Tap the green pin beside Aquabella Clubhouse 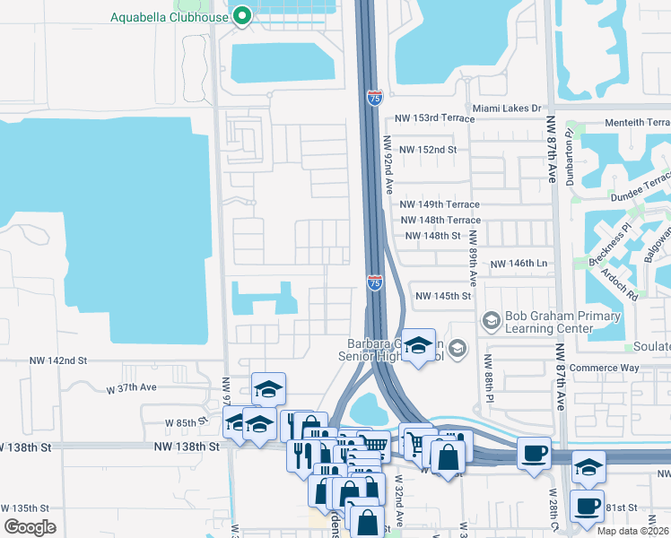tap(241, 16)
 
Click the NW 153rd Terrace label tap(434, 119)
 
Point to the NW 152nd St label tap(428, 149)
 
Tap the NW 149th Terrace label tap(440, 205)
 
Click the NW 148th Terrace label tap(440, 221)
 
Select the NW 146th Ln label tap(518, 265)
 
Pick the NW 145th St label tap(442, 296)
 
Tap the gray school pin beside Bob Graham tap(491, 320)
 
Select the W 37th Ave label tap(131, 388)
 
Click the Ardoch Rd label tap(619, 283)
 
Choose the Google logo tap(30, 526)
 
